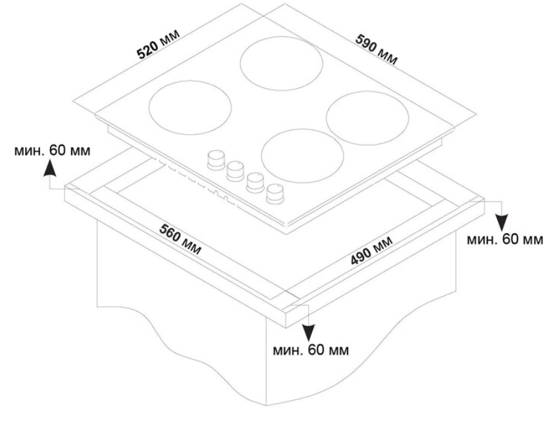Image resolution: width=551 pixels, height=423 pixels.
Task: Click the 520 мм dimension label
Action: click(158, 43)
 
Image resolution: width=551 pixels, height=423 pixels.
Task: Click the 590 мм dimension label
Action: click(377, 49)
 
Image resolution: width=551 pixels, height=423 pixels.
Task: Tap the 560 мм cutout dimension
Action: click(180, 239)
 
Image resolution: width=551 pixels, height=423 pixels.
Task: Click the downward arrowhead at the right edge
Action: click(503, 222)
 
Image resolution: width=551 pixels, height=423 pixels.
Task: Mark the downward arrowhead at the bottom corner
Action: click(309, 333)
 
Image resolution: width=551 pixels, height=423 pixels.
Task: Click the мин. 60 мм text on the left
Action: click(52, 150)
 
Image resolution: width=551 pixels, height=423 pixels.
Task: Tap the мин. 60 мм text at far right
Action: click(505, 239)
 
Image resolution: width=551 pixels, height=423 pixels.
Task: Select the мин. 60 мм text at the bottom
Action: click(311, 351)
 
